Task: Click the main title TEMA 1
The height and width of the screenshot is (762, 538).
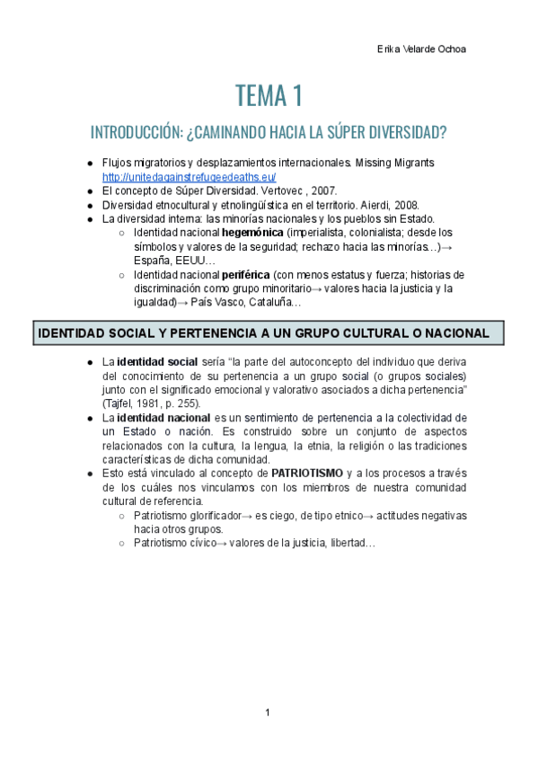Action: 269,94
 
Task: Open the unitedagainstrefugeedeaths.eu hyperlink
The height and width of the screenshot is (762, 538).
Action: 190,177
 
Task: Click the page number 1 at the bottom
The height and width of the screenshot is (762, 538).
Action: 268,713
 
